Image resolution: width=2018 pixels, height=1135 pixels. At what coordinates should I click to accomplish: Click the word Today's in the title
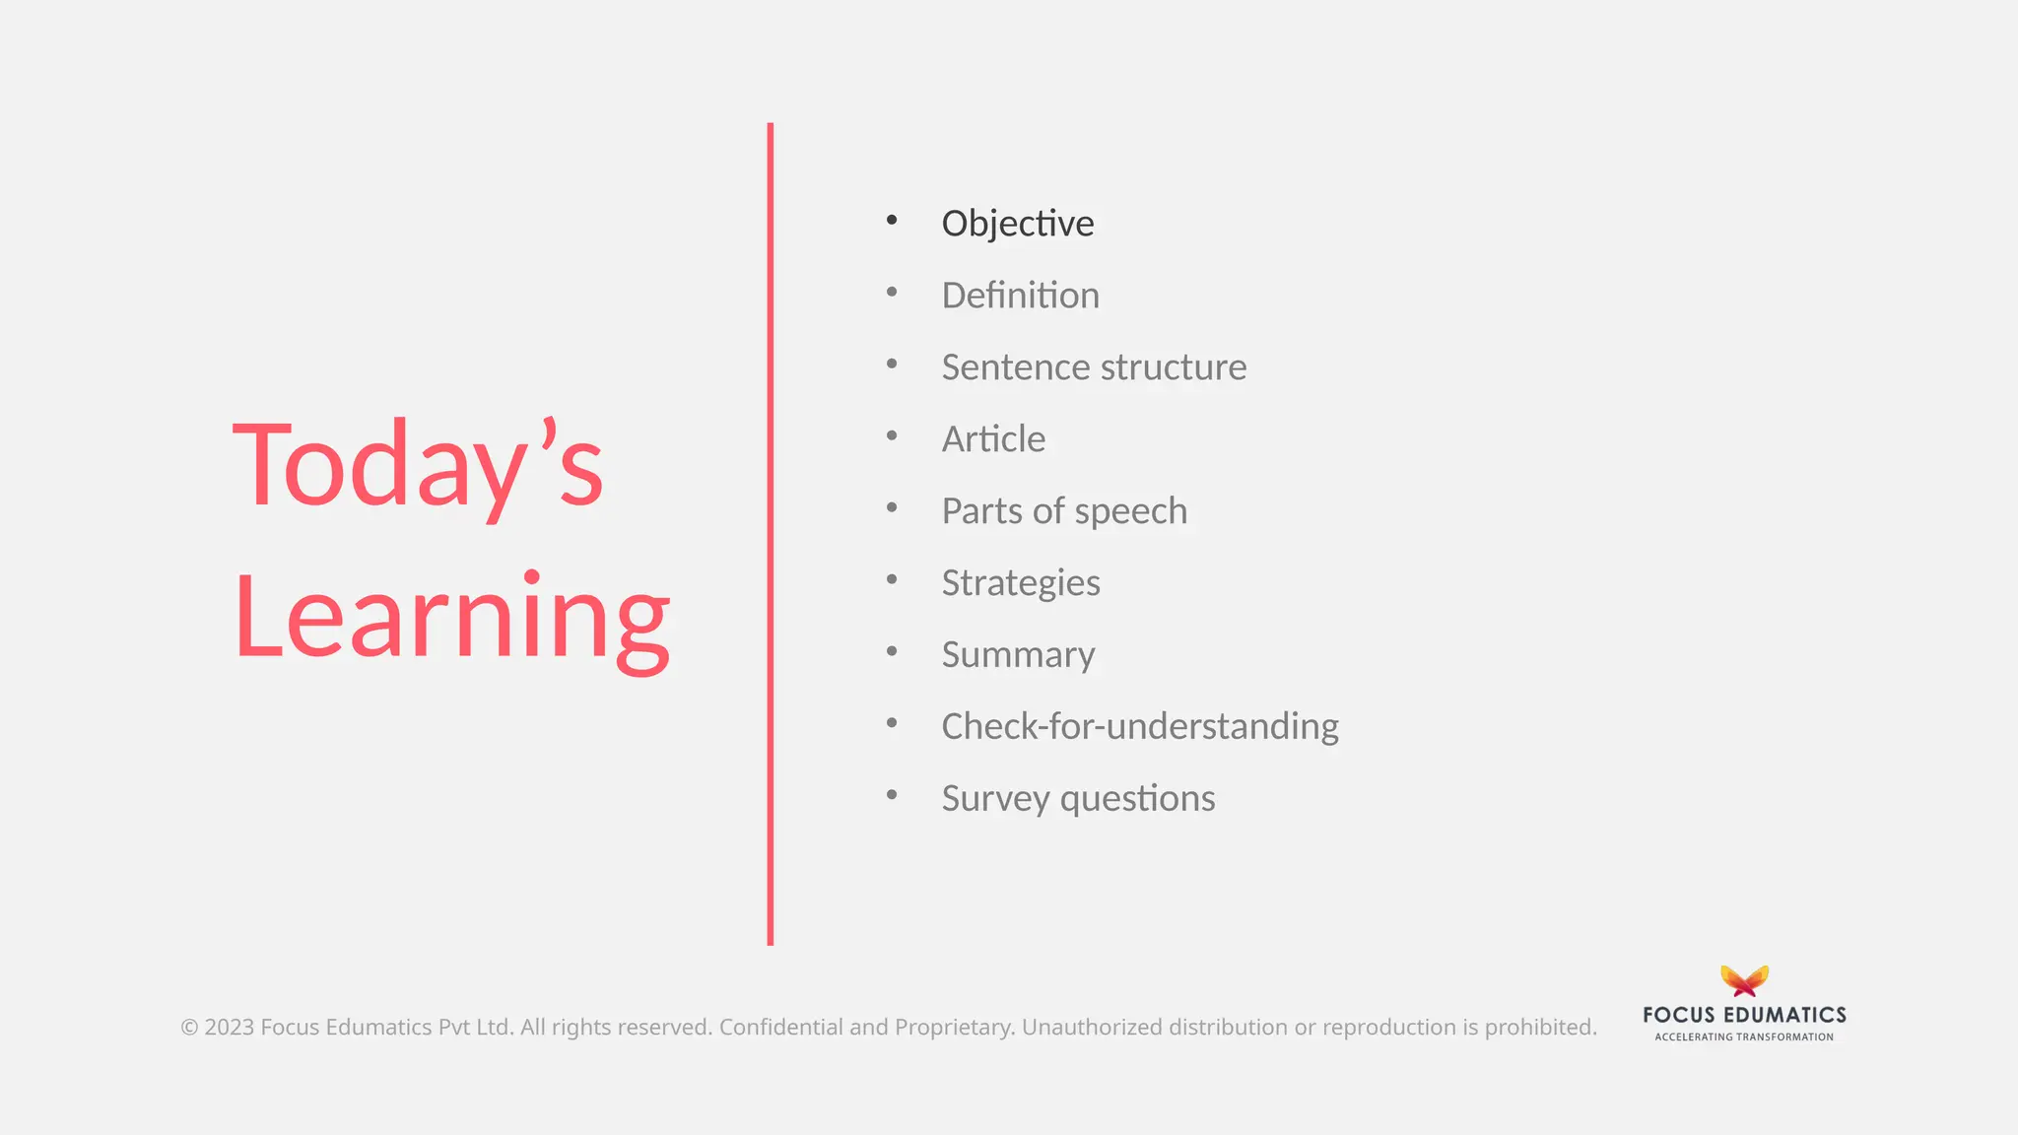coord(418,464)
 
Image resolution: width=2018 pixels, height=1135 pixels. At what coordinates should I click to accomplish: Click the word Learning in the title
coord(451,618)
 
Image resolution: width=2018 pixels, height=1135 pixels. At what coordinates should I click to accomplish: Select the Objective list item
coord(1017,224)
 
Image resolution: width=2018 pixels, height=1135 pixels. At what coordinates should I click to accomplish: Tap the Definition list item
coord(1020,296)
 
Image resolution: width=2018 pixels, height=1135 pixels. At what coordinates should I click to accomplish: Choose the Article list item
coord(993,439)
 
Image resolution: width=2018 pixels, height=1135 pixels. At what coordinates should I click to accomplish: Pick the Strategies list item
coord(1021,583)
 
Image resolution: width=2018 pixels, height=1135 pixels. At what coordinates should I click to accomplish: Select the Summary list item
coord(1018,655)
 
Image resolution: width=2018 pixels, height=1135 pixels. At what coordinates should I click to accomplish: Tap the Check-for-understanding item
coord(1140,727)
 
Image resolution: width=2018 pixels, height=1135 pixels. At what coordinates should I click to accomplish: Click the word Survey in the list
coord(995,799)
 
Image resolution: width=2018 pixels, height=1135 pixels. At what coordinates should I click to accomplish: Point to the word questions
coord(1138,799)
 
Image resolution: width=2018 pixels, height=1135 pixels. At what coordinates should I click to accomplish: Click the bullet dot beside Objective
coord(892,220)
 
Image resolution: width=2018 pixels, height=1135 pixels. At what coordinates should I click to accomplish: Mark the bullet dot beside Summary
coord(892,651)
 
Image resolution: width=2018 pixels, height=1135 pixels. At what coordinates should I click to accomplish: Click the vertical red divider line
coord(771,532)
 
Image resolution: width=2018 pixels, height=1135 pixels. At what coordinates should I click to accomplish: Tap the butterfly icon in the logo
coord(1744,980)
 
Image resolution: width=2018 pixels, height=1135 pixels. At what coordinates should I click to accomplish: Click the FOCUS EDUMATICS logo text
coord(1744,1015)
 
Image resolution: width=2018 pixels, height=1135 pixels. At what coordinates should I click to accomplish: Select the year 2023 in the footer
coord(229,1028)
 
